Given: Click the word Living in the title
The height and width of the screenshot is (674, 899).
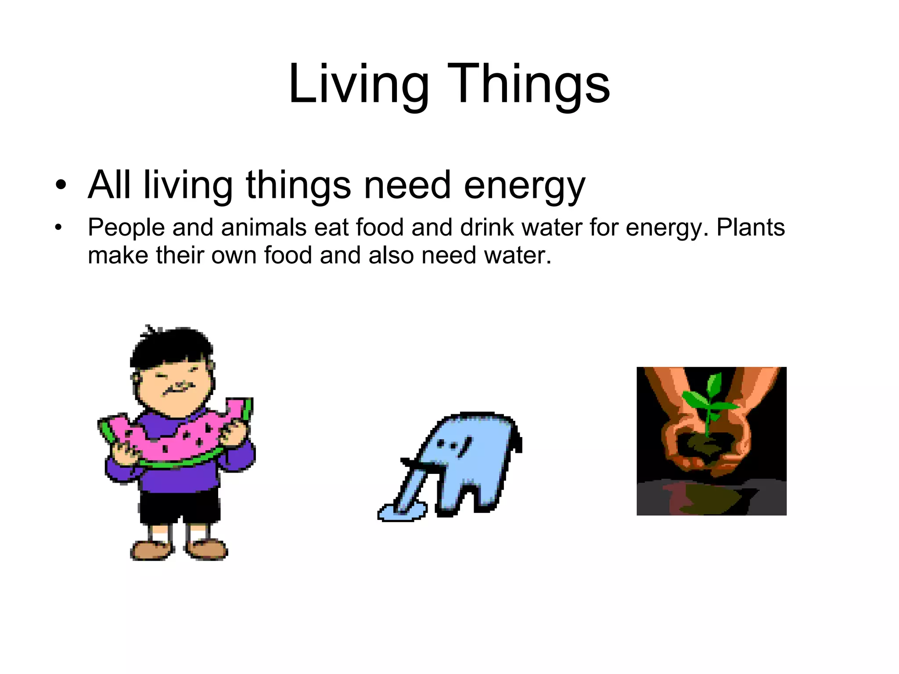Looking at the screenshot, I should click(358, 84).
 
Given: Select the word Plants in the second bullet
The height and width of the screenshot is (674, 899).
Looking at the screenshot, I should click(751, 228).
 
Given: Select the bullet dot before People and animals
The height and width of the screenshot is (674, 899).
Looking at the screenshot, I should click(58, 228).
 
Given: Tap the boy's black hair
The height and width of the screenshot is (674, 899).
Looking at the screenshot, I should click(171, 347).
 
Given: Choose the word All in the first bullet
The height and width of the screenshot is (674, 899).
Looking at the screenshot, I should click(109, 185).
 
